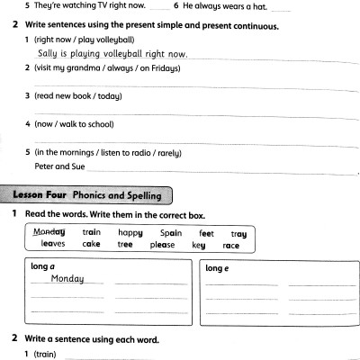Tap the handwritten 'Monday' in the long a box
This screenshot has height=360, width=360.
(x=67, y=279)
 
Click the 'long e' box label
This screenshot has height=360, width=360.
(x=220, y=268)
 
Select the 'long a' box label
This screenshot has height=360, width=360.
(x=41, y=267)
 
